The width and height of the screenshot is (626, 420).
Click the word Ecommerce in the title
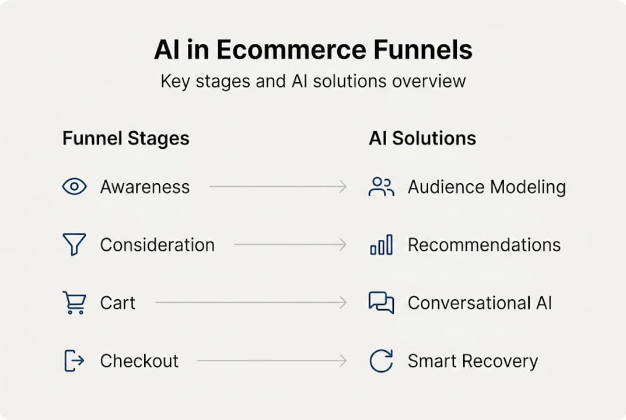291,50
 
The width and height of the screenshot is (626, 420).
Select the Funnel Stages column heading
126,138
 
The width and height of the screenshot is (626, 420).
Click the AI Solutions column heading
422,138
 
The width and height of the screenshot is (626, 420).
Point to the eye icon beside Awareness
74,187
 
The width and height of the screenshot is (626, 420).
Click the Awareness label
145,187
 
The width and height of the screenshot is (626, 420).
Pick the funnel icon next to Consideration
74,244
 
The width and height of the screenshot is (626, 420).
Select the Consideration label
158,245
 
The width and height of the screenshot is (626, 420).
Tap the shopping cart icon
74,303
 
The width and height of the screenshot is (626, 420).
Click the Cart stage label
118,303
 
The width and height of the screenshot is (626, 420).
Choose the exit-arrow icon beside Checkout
74,360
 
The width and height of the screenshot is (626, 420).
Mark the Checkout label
139,361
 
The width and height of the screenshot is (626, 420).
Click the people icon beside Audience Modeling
382,187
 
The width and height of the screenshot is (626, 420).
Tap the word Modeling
528,187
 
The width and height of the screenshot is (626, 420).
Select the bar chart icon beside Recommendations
382,244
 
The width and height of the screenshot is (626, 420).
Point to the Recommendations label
484,245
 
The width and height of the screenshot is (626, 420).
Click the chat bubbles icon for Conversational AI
382,303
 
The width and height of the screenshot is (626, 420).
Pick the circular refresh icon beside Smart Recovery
382,361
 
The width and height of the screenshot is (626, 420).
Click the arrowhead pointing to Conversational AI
343,303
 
